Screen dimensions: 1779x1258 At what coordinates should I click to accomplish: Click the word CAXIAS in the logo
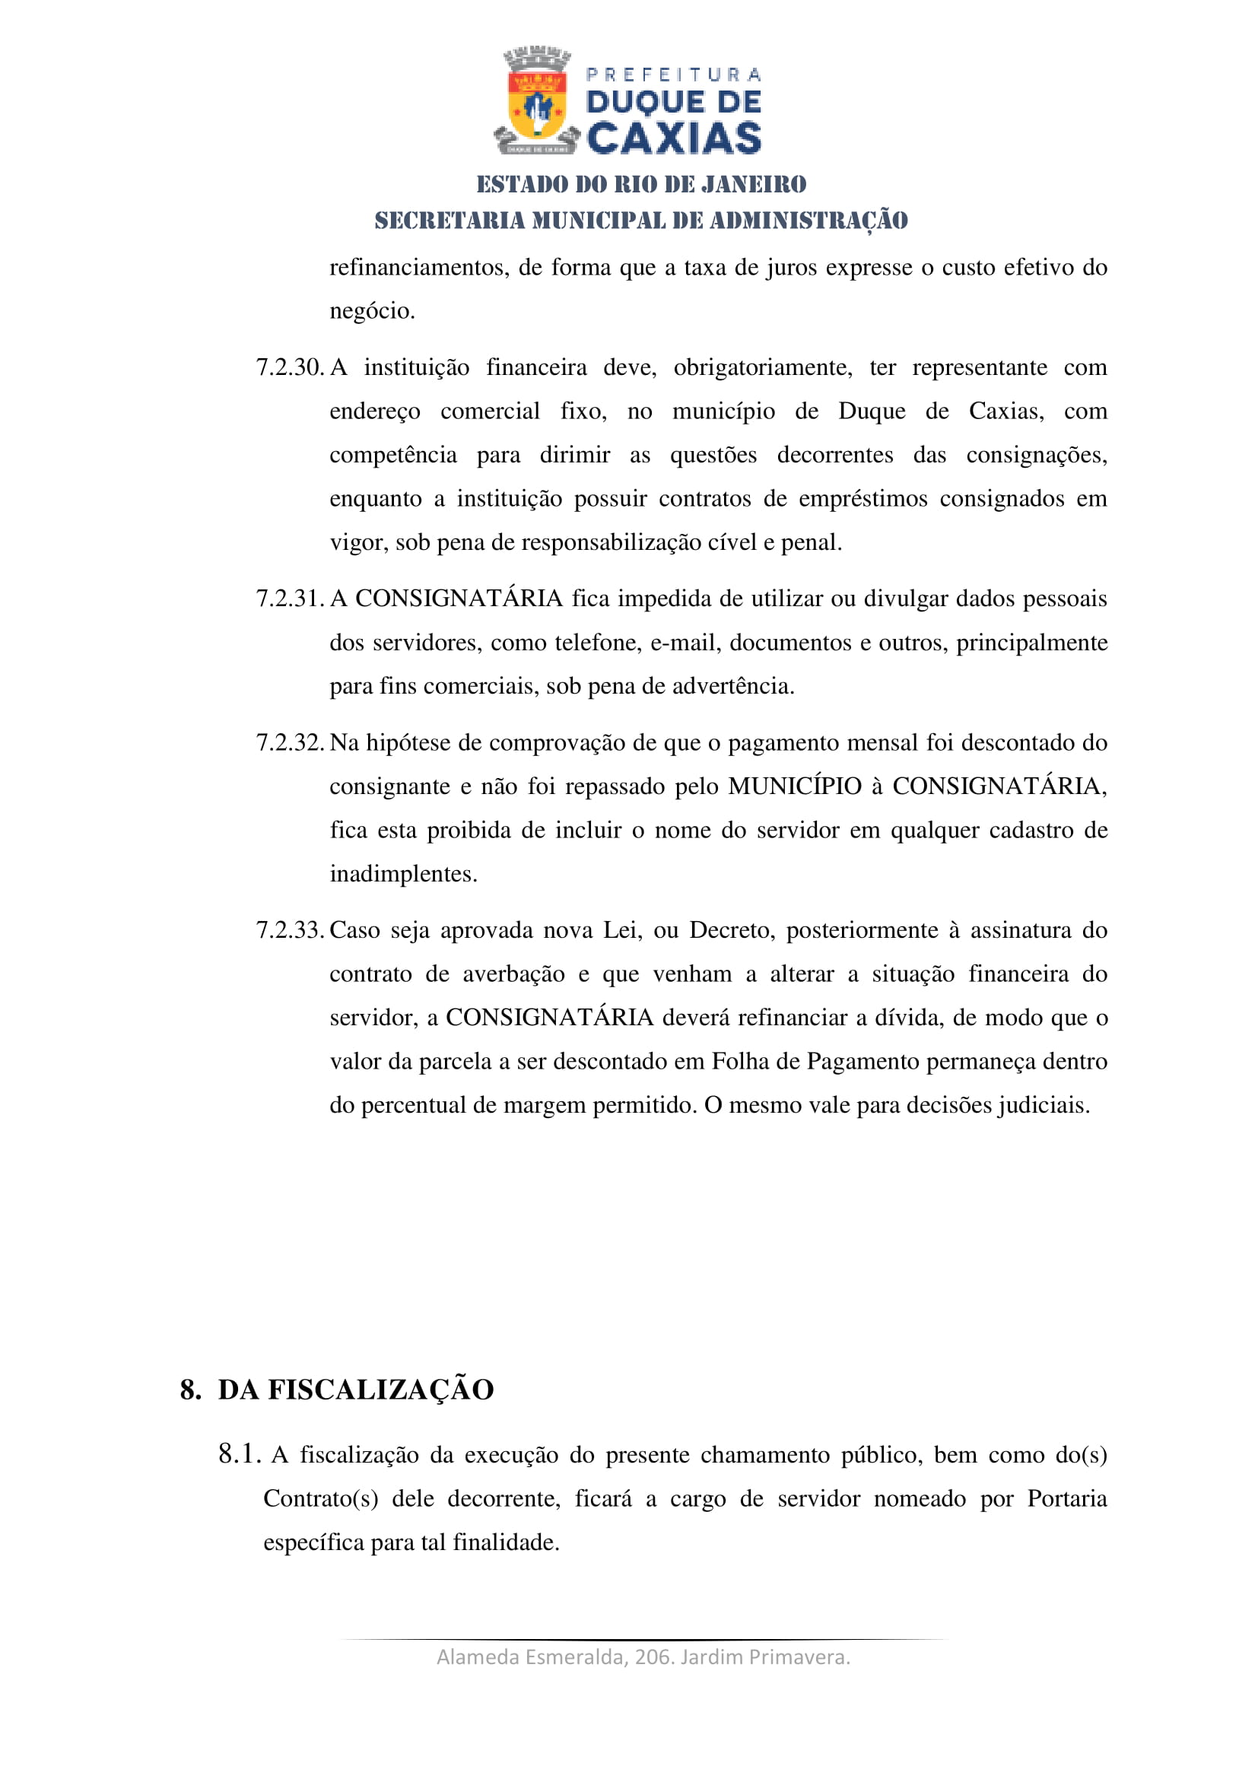tap(673, 138)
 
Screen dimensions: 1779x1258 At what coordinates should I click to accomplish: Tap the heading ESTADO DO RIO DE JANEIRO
tap(640, 184)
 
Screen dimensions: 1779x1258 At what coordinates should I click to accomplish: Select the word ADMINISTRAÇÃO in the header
tap(808, 221)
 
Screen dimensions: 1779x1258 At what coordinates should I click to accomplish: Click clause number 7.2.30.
tap(290, 367)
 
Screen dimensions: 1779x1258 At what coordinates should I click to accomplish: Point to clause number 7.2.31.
tap(290, 598)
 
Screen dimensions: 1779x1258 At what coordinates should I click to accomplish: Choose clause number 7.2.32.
tap(290, 742)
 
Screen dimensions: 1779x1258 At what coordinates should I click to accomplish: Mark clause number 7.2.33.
tap(290, 929)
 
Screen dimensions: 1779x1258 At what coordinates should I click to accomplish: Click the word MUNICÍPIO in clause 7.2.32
tap(795, 786)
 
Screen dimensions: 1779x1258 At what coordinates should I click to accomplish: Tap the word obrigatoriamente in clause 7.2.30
tap(762, 367)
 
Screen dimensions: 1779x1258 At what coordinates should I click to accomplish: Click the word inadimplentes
tap(403, 874)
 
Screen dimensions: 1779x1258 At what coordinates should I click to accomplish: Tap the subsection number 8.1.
tap(239, 1454)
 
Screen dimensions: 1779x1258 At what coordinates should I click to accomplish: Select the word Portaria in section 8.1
tap(1066, 1498)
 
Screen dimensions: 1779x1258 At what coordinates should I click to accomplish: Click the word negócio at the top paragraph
tap(372, 311)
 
